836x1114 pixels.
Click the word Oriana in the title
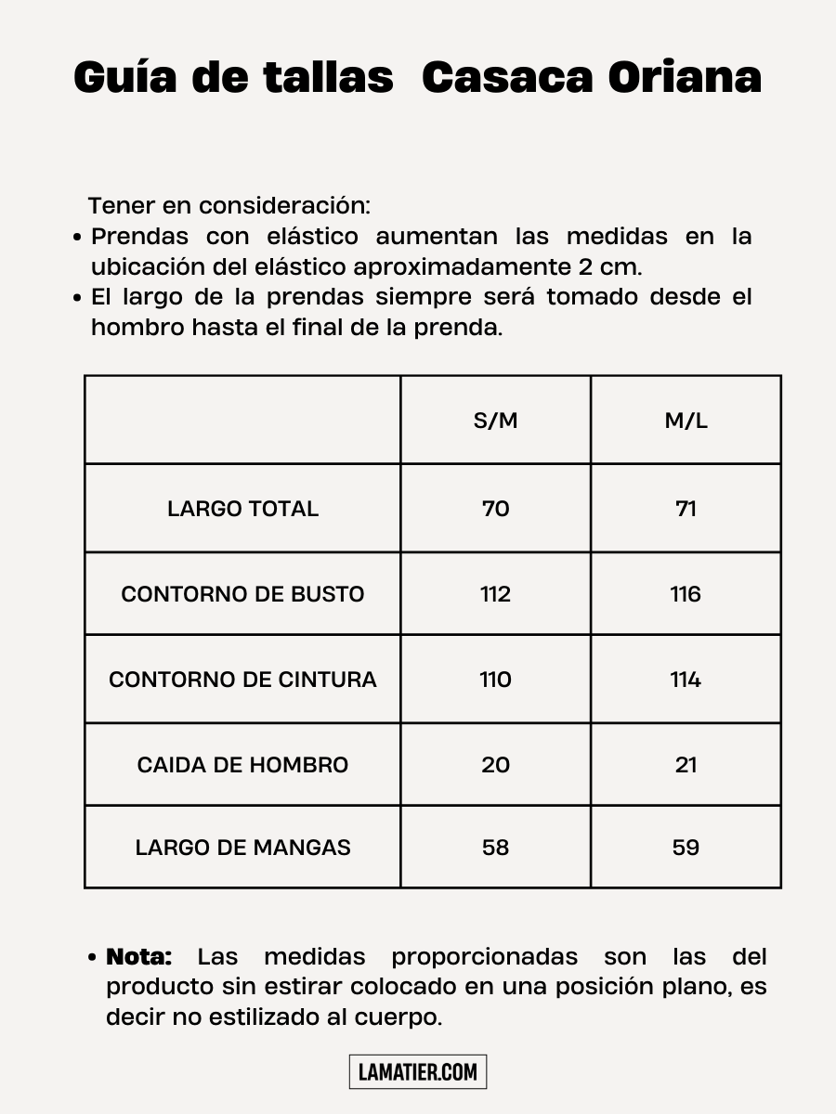685,78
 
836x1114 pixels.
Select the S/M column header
496,421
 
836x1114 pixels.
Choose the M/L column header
686,421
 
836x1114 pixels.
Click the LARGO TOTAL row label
242,509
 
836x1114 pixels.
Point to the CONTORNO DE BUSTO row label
242,594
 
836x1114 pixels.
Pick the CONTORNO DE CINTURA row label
242,680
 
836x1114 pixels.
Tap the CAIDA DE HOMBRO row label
242,765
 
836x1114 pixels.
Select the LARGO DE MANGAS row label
242,848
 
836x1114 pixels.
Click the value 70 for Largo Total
496,509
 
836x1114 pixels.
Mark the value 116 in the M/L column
686,594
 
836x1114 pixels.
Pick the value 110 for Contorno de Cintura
496,680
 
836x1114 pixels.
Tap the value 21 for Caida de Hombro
686,765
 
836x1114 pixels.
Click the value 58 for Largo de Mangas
496,848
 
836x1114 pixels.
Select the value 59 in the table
686,848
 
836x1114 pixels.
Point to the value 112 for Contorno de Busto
496,594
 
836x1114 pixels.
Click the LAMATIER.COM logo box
418,1072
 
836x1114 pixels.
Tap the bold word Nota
139,957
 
